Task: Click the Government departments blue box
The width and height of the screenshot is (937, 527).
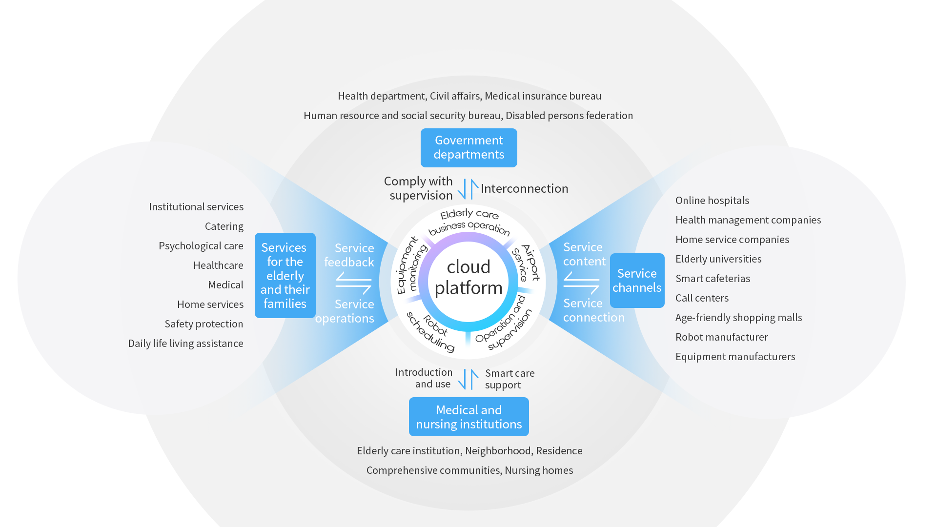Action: [x=468, y=147]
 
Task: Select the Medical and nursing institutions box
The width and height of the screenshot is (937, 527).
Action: [x=468, y=417]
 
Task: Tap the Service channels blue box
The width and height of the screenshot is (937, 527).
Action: [x=637, y=281]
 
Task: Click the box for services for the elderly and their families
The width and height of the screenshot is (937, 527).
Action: [x=285, y=276]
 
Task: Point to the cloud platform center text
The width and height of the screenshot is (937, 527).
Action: [x=468, y=277]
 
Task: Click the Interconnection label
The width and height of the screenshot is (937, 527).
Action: [x=524, y=188]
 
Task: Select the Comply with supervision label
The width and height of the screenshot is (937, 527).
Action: [x=419, y=188]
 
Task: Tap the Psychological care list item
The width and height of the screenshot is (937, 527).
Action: [x=201, y=246]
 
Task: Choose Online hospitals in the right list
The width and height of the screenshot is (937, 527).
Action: [x=712, y=201]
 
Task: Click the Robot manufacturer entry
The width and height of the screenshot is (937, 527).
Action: [x=721, y=337]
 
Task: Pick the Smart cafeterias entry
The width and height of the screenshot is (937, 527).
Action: [x=713, y=279]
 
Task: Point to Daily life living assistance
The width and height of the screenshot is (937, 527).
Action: [x=185, y=344]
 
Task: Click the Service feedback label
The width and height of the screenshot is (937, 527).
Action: [x=349, y=255]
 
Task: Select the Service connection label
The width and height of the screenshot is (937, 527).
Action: [x=593, y=310]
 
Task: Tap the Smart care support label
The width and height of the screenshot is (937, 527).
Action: [x=509, y=379]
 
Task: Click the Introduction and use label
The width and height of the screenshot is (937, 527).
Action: [x=424, y=378]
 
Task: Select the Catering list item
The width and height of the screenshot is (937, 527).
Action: [x=224, y=226]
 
